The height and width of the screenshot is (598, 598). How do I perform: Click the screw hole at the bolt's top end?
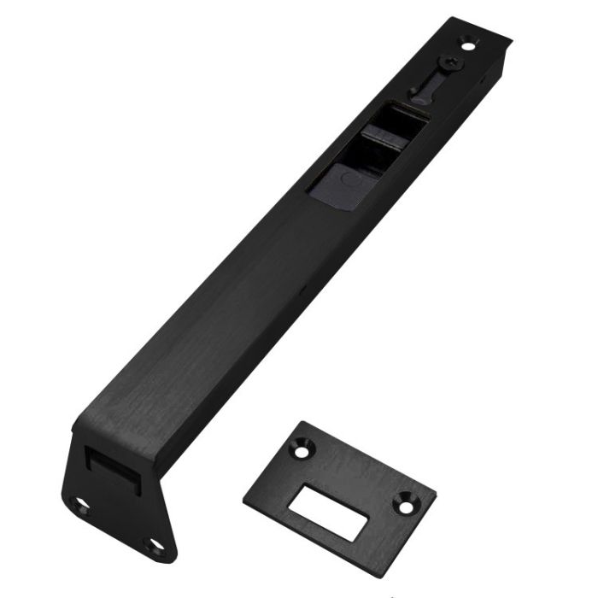pos(467,40)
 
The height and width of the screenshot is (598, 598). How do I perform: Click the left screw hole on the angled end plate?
pos(80,506)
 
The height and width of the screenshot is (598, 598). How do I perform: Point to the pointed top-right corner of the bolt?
pos(511,38)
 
